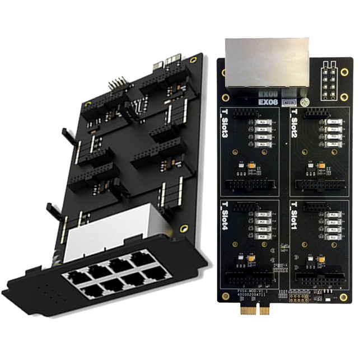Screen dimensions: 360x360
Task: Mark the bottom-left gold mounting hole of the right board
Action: [225, 295]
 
